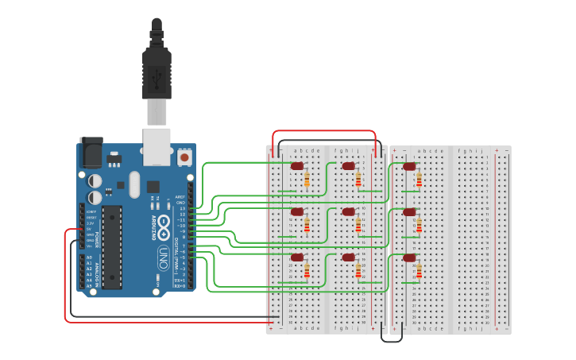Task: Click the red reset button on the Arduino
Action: click(x=184, y=157)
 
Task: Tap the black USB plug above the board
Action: click(x=156, y=72)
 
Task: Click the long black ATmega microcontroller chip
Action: click(x=112, y=246)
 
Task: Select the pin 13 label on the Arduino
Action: click(x=182, y=208)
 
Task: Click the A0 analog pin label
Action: click(x=89, y=258)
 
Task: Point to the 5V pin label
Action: click(x=90, y=229)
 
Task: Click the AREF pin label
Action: click(x=180, y=196)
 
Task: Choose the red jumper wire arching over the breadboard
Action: click(x=323, y=131)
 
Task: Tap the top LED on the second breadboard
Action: click(x=409, y=166)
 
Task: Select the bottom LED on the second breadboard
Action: click(x=409, y=257)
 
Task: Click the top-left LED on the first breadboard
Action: click(x=297, y=166)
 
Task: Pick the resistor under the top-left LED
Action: click(x=307, y=181)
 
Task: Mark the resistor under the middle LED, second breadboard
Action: click(x=419, y=226)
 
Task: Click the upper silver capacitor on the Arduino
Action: click(x=95, y=180)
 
